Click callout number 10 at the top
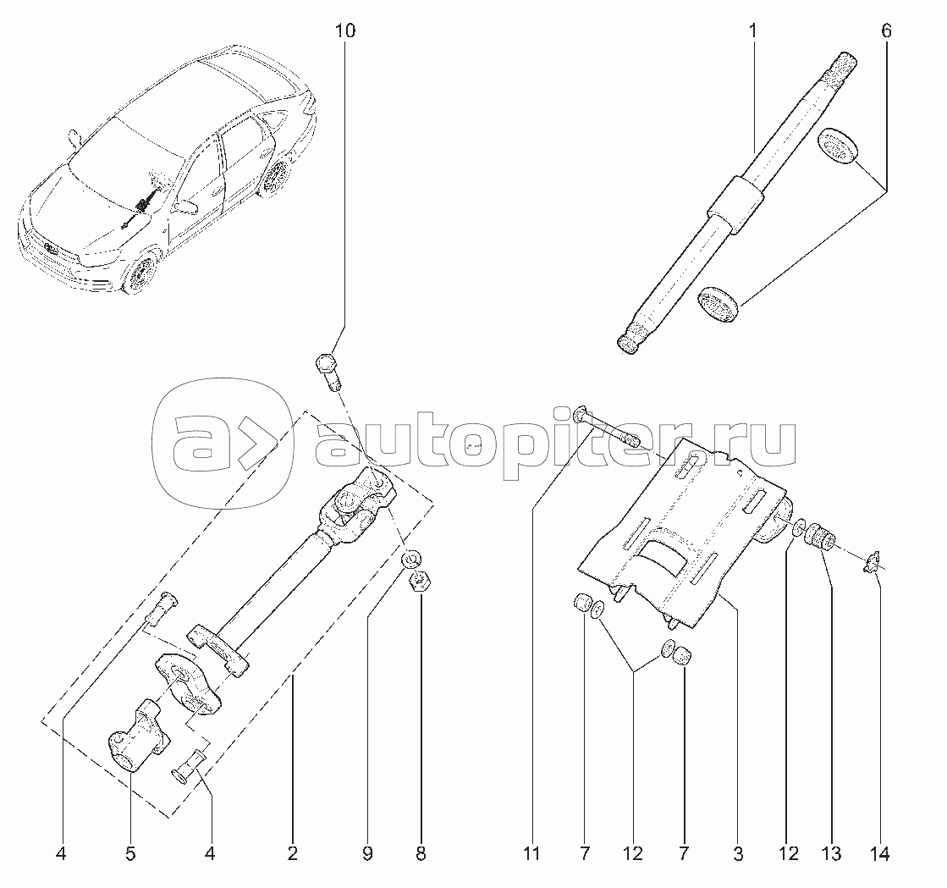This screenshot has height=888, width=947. click(x=345, y=30)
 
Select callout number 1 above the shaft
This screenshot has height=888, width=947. click(x=753, y=30)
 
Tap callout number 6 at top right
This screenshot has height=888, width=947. click(x=886, y=30)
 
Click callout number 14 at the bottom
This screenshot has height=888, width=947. click(x=880, y=853)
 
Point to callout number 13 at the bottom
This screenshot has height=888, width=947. click(x=831, y=853)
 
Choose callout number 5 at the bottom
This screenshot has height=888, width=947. click(x=130, y=853)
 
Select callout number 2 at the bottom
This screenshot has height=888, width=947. click(x=292, y=853)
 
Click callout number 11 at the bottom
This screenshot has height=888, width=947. click(x=532, y=853)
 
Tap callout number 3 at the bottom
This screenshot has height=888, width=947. click(x=738, y=853)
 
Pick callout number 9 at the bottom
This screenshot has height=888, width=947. click(x=368, y=853)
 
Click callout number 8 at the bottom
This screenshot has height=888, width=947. click(x=421, y=853)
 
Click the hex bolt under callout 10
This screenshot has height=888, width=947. click(x=329, y=372)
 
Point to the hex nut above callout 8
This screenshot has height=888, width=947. click(x=417, y=582)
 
